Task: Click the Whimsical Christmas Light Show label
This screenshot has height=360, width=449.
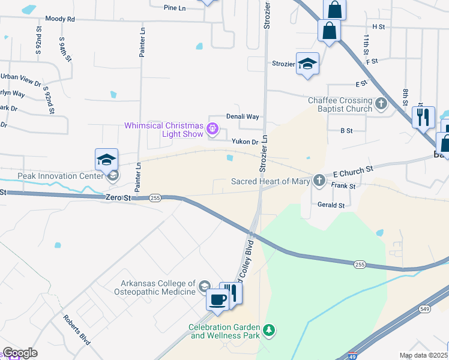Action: click(164, 130)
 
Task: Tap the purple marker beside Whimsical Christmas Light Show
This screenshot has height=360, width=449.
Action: click(211, 128)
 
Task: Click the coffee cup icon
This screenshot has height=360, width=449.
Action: click(217, 299)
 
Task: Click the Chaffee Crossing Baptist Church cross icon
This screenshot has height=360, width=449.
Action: click(381, 104)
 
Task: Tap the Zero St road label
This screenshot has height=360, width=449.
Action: click(118, 197)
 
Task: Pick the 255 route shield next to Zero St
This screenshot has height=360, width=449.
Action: click(155, 197)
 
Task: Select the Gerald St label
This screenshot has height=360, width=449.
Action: click(331, 205)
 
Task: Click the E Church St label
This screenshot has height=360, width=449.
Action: click(353, 170)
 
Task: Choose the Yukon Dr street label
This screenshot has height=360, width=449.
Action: click(245, 142)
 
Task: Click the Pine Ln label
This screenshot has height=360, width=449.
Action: click(174, 7)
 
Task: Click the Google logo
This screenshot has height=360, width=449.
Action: click(20, 353)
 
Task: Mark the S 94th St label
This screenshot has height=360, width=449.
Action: click(65, 50)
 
